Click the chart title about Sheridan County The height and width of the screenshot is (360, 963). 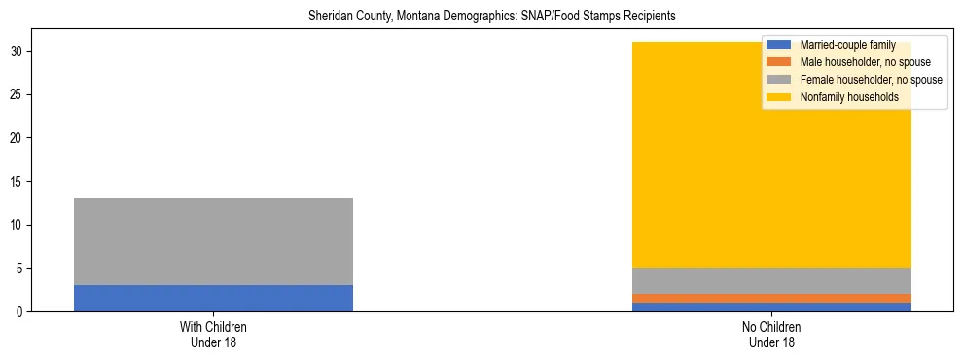pyautogui.click(x=491, y=17)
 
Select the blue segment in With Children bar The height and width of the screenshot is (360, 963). pyautogui.click(x=213, y=298)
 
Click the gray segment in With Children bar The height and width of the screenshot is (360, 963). pyautogui.click(x=213, y=241)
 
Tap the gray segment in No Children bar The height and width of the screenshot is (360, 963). pyautogui.click(x=771, y=280)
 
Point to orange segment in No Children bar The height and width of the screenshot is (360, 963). pyautogui.click(x=771, y=298)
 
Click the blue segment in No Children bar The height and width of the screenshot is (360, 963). pyautogui.click(x=771, y=306)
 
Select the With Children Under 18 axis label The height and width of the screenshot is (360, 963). pyautogui.click(x=213, y=335)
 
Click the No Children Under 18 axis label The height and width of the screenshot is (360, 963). pyautogui.click(x=771, y=335)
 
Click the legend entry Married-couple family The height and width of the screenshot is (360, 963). pyautogui.click(x=847, y=45)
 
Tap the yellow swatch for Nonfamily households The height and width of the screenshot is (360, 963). pyautogui.click(x=779, y=97)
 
